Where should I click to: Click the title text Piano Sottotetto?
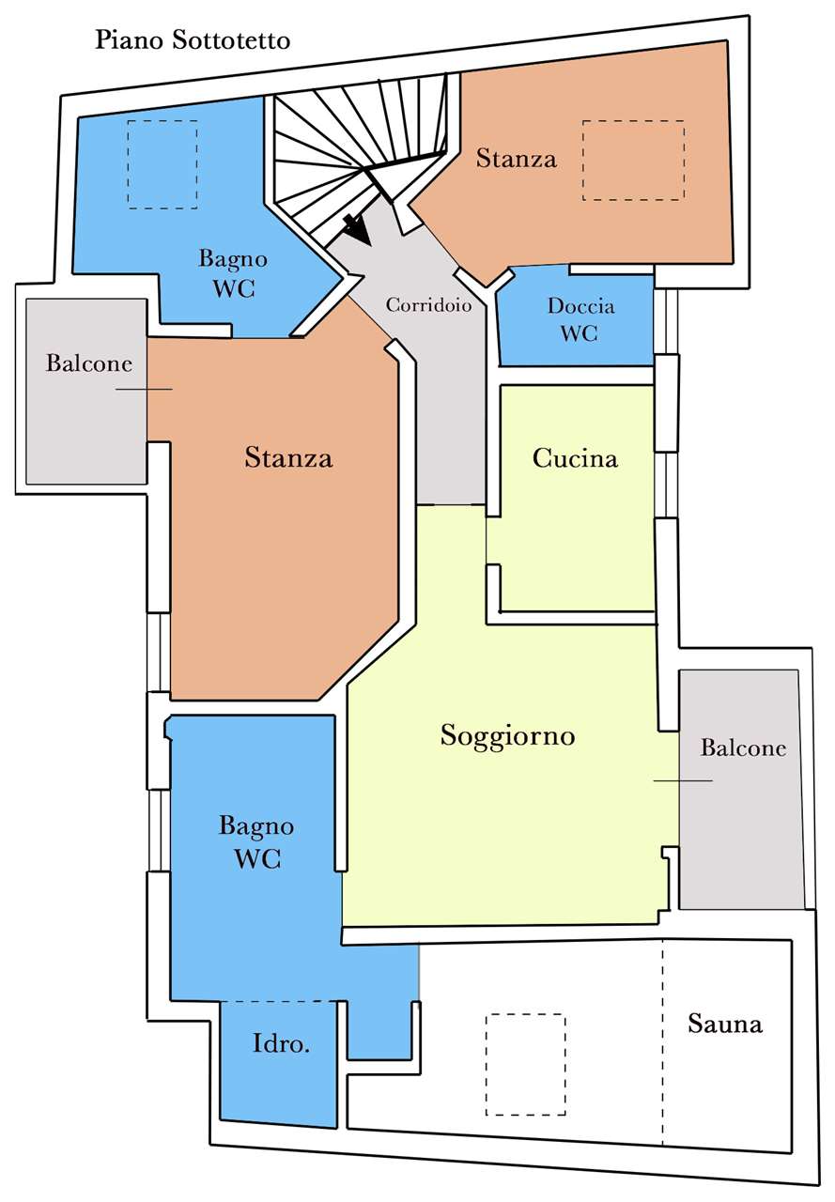click(x=193, y=40)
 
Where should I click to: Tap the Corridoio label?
click(x=428, y=305)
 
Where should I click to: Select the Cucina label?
click(x=575, y=458)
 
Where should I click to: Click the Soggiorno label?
click(x=507, y=735)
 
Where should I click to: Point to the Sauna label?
click(x=725, y=1024)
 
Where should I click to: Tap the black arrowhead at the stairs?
click(x=358, y=230)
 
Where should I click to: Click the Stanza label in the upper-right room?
click(x=517, y=159)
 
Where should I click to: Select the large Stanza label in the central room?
click(x=288, y=457)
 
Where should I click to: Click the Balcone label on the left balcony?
click(x=88, y=363)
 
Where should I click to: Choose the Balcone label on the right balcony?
click(x=743, y=748)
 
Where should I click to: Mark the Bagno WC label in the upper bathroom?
click(x=234, y=273)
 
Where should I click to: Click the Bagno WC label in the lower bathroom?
click(x=256, y=842)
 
